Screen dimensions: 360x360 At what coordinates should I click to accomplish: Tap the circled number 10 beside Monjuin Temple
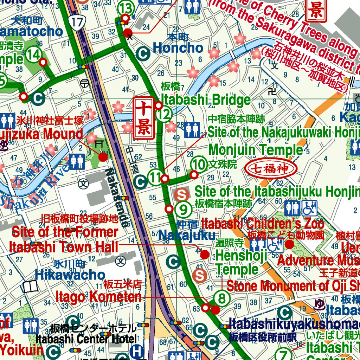coord(199,164)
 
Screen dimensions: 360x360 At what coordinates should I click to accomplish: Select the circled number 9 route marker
coord(183,210)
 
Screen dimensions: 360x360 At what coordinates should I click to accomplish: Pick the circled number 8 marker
coord(222,298)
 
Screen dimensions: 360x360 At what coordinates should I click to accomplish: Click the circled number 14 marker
coord(34,54)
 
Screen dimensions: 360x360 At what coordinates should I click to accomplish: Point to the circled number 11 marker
coord(155,177)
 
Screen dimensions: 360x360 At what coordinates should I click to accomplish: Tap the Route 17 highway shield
coord(76,22)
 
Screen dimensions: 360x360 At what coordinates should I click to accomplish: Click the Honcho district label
coord(178,47)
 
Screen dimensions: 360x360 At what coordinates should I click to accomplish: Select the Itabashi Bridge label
coord(206,100)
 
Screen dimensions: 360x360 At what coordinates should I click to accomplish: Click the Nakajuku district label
coord(187,235)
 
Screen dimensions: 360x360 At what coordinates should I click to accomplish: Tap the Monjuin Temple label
coord(255,150)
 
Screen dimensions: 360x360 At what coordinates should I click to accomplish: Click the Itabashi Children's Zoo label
coord(263,223)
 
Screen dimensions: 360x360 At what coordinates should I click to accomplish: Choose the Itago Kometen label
coord(98,297)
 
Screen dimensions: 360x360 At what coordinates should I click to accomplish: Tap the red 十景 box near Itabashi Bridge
coord(143,118)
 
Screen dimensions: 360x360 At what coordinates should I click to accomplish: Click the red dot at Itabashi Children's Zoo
coord(290,244)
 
